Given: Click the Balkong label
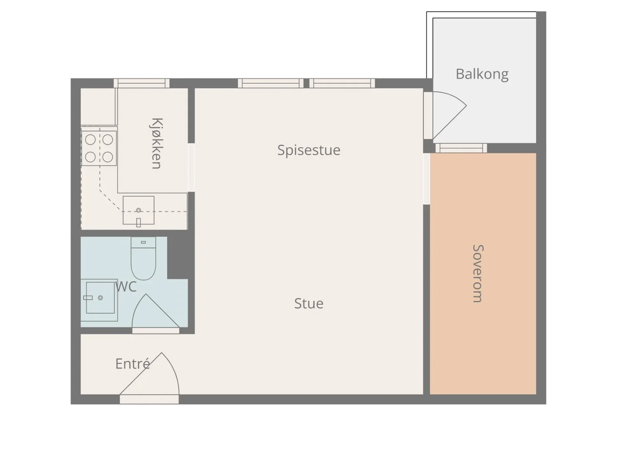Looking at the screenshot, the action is (482, 74).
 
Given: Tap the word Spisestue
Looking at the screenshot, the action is (308, 150).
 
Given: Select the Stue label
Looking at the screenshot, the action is (308, 303).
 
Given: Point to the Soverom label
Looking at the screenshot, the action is (478, 273).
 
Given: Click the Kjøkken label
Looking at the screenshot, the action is (157, 143).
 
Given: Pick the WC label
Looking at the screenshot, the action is (126, 286).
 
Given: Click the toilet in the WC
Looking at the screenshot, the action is (143, 258).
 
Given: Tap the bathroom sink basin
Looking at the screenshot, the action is (100, 297).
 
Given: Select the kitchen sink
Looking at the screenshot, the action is (138, 210).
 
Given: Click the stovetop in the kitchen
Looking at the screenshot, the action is (99, 148).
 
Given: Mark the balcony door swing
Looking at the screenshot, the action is (449, 115).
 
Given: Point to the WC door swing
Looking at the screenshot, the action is (155, 311).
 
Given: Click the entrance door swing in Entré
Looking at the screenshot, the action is (149, 373).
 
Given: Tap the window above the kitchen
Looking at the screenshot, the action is (142, 83).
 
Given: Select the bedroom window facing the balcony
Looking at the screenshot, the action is (461, 148).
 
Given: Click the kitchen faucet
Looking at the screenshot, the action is (138, 222).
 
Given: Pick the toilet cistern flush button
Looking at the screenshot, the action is (143, 242).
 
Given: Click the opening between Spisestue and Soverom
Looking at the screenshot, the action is (427, 179).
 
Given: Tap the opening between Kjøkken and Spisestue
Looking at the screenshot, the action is (191, 167).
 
